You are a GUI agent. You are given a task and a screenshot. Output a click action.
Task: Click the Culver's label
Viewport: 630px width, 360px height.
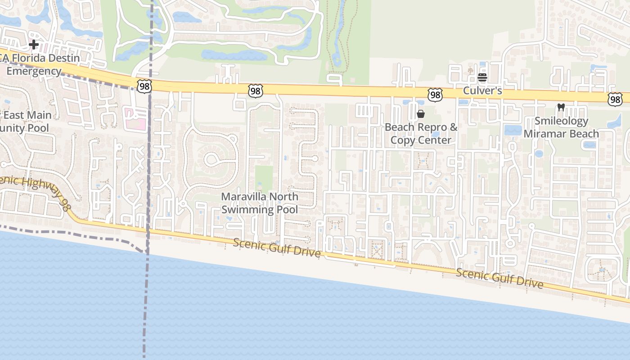(x=482, y=91)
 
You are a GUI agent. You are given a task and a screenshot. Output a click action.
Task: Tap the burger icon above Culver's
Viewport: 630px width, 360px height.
(x=482, y=77)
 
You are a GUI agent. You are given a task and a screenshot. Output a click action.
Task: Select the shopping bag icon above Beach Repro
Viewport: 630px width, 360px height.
(x=421, y=114)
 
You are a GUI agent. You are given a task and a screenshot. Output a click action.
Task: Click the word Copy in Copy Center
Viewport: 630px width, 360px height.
(x=402, y=140)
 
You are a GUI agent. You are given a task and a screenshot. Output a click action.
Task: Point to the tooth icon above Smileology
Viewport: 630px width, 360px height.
(x=561, y=108)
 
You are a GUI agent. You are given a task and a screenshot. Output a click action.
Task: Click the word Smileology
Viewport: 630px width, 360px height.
(x=561, y=121)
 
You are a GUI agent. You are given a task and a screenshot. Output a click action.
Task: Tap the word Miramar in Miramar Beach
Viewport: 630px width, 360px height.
(x=544, y=134)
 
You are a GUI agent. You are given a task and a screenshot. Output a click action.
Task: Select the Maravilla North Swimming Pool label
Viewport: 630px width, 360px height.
(x=260, y=203)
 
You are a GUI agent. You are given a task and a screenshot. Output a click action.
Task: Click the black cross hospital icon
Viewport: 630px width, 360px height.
(x=33, y=45)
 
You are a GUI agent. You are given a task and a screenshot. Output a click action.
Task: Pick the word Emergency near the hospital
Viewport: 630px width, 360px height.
(x=34, y=71)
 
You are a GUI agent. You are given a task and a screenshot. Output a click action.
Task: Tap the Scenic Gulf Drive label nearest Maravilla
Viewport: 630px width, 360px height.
(x=277, y=248)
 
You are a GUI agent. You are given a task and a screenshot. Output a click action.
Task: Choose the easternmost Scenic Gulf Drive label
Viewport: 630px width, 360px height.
(x=499, y=278)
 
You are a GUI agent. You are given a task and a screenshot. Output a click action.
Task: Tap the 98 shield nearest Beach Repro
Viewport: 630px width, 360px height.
(x=435, y=94)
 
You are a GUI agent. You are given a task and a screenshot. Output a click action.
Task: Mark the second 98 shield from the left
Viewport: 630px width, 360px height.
(x=255, y=91)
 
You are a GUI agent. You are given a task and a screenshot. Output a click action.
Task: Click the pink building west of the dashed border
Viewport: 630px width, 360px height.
(x=135, y=118)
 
